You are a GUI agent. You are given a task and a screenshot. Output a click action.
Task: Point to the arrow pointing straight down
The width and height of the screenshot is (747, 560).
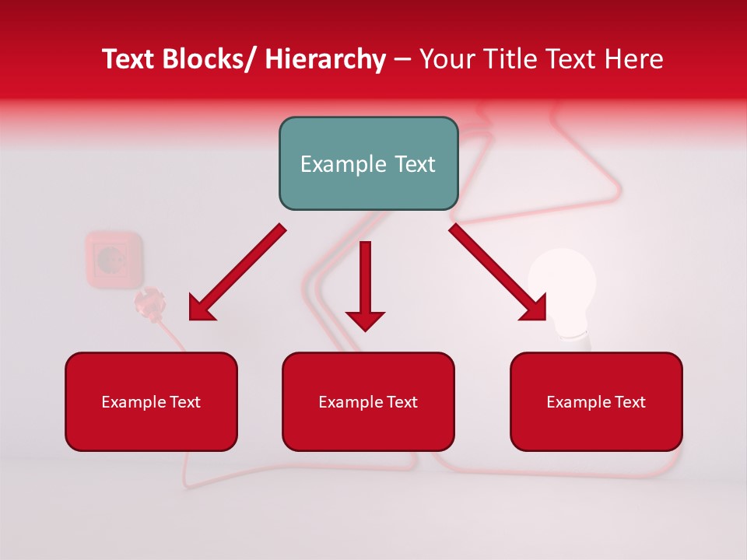[x=365, y=280]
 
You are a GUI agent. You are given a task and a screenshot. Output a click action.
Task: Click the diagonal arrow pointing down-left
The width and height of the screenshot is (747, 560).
[x=237, y=272]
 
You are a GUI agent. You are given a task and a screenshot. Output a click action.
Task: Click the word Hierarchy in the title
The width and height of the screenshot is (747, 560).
[x=325, y=59]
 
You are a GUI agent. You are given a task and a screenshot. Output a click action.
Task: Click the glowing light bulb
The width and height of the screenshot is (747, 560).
[x=563, y=288]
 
